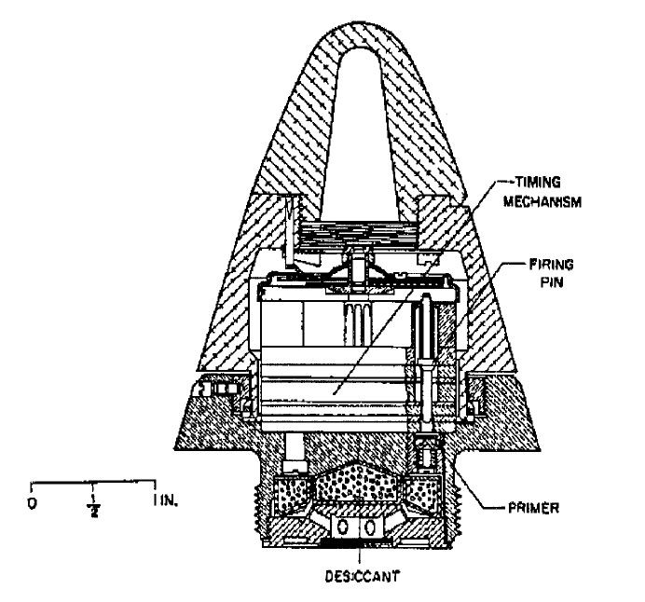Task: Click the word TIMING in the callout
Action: coord(538,182)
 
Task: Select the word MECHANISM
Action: coord(542,202)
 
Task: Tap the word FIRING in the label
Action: coord(551,265)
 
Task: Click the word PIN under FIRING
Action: coord(551,282)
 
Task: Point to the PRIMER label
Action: coord(533,508)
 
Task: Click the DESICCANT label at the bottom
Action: coord(362,577)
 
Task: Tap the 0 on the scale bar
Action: coord(32,503)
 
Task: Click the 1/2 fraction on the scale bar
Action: coord(94,506)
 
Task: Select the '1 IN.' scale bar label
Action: coord(165,500)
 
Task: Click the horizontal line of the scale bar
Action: coord(93,481)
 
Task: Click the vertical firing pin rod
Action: coord(426,362)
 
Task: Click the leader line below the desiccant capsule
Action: coord(361,556)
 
